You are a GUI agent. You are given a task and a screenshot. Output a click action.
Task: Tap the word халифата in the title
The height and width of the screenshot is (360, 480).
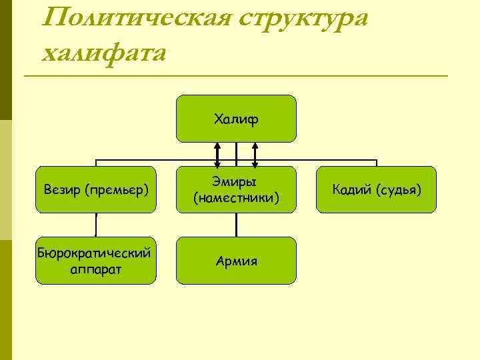(103, 51)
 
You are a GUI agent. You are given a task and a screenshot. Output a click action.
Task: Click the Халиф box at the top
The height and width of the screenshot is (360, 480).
(236, 119)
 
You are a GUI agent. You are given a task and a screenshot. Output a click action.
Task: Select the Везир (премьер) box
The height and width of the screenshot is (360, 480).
(96, 189)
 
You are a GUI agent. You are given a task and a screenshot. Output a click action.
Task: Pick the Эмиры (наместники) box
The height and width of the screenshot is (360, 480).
(236, 189)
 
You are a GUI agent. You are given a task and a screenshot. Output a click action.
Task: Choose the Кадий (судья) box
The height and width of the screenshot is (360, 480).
(377, 189)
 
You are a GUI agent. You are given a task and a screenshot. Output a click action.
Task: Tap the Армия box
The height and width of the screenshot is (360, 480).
(236, 261)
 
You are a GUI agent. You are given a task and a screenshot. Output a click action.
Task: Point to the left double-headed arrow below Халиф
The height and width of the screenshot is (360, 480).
(217, 154)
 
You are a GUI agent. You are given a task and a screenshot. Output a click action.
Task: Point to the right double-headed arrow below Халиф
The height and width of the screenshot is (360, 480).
(255, 154)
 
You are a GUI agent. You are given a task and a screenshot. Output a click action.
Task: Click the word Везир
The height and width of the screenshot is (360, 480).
(61, 190)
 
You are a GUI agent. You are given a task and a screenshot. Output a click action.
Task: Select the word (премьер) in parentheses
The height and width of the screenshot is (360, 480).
(115, 190)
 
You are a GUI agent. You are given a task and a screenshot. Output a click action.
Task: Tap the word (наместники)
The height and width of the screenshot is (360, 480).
(236, 198)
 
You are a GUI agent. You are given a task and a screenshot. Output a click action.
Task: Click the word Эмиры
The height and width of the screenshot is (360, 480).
(236, 182)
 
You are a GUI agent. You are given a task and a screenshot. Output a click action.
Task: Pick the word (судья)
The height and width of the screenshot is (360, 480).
(398, 190)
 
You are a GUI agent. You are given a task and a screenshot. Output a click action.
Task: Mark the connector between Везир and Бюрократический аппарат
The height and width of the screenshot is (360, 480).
(96, 225)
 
